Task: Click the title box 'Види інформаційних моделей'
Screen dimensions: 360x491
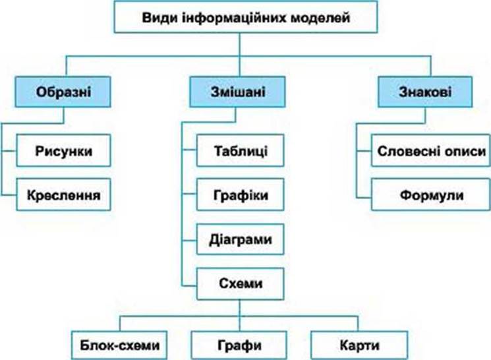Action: [x=245, y=17]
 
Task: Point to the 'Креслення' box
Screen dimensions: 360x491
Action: [x=63, y=196]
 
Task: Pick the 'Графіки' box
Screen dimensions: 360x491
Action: [x=241, y=196]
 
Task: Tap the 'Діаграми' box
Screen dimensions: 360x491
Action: [x=241, y=239]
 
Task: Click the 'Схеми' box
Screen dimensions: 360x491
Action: [x=241, y=284]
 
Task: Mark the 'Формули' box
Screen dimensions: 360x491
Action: [x=432, y=196]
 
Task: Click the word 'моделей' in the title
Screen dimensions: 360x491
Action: [x=322, y=17]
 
